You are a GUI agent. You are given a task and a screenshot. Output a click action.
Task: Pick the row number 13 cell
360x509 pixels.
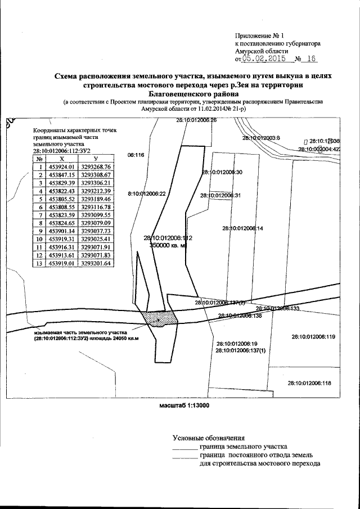[x=40, y=262]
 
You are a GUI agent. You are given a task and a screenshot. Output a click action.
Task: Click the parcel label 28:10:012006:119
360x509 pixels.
[x=313, y=337]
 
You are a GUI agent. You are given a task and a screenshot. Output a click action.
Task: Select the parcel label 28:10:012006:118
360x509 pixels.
[x=309, y=382]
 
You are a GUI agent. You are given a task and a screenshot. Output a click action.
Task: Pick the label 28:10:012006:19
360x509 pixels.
[x=236, y=343]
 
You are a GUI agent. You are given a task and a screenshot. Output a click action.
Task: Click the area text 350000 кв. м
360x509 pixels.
[x=168, y=245]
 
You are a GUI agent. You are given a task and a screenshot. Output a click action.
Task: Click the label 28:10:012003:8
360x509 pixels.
[x=261, y=138]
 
